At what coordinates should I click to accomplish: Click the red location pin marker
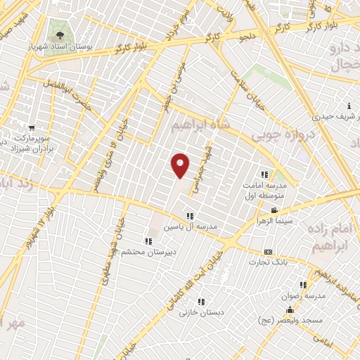click(x=181, y=165)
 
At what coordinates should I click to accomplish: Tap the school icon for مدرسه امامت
click(x=265, y=174)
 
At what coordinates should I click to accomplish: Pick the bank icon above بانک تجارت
click(x=268, y=252)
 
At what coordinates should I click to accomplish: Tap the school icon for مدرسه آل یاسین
click(x=189, y=216)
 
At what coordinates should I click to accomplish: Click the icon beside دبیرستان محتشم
click(x=148, y=241)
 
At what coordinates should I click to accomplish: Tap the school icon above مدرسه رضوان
click(x=303, y=285)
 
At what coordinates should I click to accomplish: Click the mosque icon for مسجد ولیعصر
click(x=288, y=310)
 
